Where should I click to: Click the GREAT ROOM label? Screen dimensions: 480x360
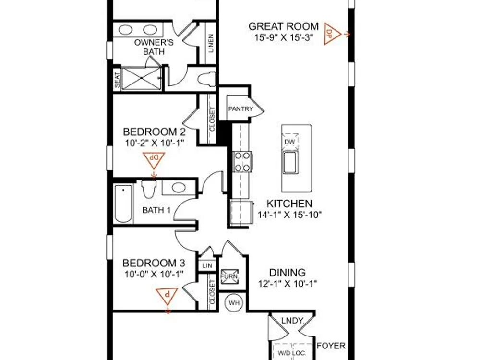284,26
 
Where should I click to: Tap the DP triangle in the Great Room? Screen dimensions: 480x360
332,34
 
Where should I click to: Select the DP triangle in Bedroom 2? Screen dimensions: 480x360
154,160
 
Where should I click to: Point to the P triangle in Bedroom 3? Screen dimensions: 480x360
167,296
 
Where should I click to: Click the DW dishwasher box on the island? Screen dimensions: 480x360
289,142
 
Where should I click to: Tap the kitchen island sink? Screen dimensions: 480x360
290,162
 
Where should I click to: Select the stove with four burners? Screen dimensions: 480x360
242,162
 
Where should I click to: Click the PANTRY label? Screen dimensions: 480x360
240,108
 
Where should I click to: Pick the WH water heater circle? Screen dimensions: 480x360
234,303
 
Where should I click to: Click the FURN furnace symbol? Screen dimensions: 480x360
229,276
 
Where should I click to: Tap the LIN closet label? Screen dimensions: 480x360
207,266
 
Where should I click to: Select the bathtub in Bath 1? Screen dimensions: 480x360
123,204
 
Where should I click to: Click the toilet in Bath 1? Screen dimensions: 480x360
149,189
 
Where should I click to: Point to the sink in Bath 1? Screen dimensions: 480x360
179,187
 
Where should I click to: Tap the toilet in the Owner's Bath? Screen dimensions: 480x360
207,80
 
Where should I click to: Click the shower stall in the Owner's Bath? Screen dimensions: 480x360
141,79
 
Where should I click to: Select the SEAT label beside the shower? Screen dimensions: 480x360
117,80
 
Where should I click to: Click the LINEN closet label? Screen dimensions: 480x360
211,43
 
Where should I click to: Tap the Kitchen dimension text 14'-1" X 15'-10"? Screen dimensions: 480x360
289,215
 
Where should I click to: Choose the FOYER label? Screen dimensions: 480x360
331,346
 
